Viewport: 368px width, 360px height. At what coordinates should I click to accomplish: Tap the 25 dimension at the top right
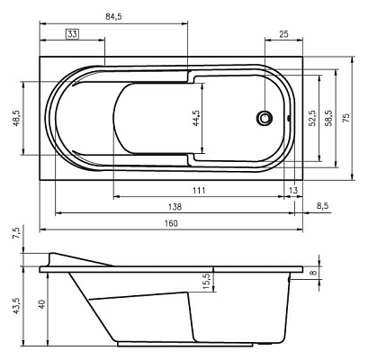coord(283,34)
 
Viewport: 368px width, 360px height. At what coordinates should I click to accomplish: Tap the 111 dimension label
coord(199,190)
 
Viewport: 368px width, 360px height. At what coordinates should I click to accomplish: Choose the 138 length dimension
coord(175,207)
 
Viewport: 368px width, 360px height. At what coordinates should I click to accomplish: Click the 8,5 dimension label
coord(323,207)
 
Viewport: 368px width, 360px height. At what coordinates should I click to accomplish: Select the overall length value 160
coord(171,224)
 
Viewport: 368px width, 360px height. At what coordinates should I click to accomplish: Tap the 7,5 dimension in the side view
coord(15,233)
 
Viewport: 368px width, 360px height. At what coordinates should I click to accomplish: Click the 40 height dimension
coord(41,305)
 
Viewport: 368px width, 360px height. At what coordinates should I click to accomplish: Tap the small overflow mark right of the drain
coord(288,117)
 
